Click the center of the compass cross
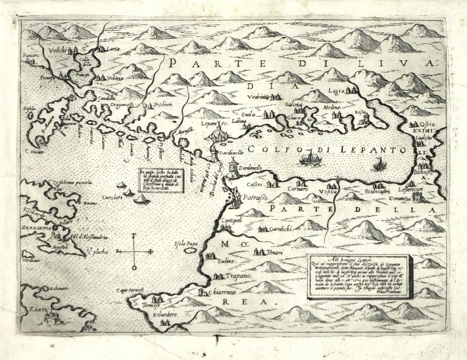[134, 252]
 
